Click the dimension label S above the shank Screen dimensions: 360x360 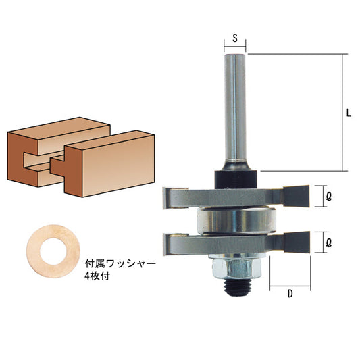(234, 38)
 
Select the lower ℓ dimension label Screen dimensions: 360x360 (328, 240)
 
